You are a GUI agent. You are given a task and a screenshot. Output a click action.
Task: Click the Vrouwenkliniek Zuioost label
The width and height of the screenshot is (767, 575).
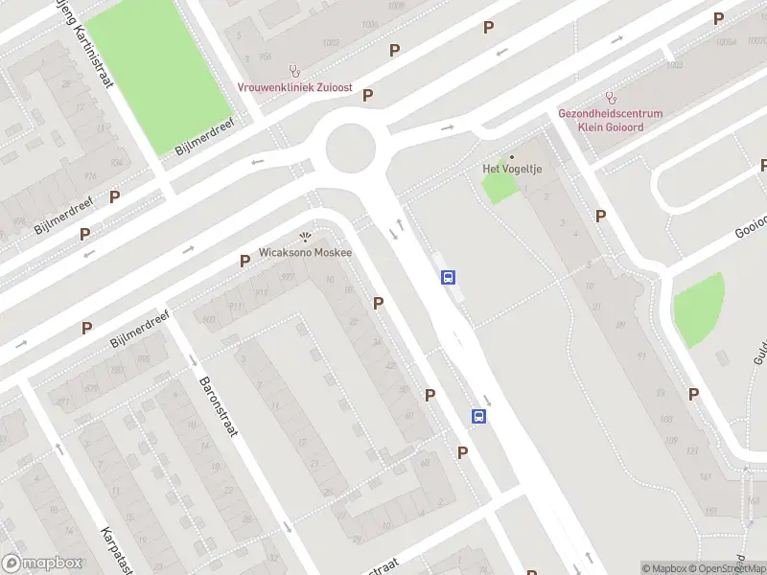295,87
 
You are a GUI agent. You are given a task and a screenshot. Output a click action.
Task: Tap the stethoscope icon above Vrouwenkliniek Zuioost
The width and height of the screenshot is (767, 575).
295,71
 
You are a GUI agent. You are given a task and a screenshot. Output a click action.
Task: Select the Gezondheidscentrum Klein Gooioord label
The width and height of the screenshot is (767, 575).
611,119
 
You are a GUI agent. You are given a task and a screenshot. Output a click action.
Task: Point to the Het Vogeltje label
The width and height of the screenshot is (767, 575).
511,169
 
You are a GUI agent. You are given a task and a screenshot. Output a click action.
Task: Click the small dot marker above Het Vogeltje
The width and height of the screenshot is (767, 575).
511,156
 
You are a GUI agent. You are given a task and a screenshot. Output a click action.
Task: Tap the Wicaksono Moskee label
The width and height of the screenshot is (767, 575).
306,253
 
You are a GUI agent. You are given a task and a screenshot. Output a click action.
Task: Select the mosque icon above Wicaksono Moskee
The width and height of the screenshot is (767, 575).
306,237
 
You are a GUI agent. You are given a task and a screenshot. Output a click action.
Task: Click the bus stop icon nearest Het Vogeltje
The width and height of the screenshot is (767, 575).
448,278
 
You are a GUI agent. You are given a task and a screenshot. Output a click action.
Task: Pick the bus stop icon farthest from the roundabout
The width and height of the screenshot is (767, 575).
478,416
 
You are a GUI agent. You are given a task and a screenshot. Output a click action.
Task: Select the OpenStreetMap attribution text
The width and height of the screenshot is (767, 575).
727,568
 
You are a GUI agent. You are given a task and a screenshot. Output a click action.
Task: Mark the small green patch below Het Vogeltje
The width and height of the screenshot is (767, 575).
499,187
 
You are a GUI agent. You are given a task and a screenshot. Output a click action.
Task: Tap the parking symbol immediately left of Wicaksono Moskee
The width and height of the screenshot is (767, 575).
244,261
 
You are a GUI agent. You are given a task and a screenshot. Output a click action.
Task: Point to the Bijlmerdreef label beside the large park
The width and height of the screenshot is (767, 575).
205,139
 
